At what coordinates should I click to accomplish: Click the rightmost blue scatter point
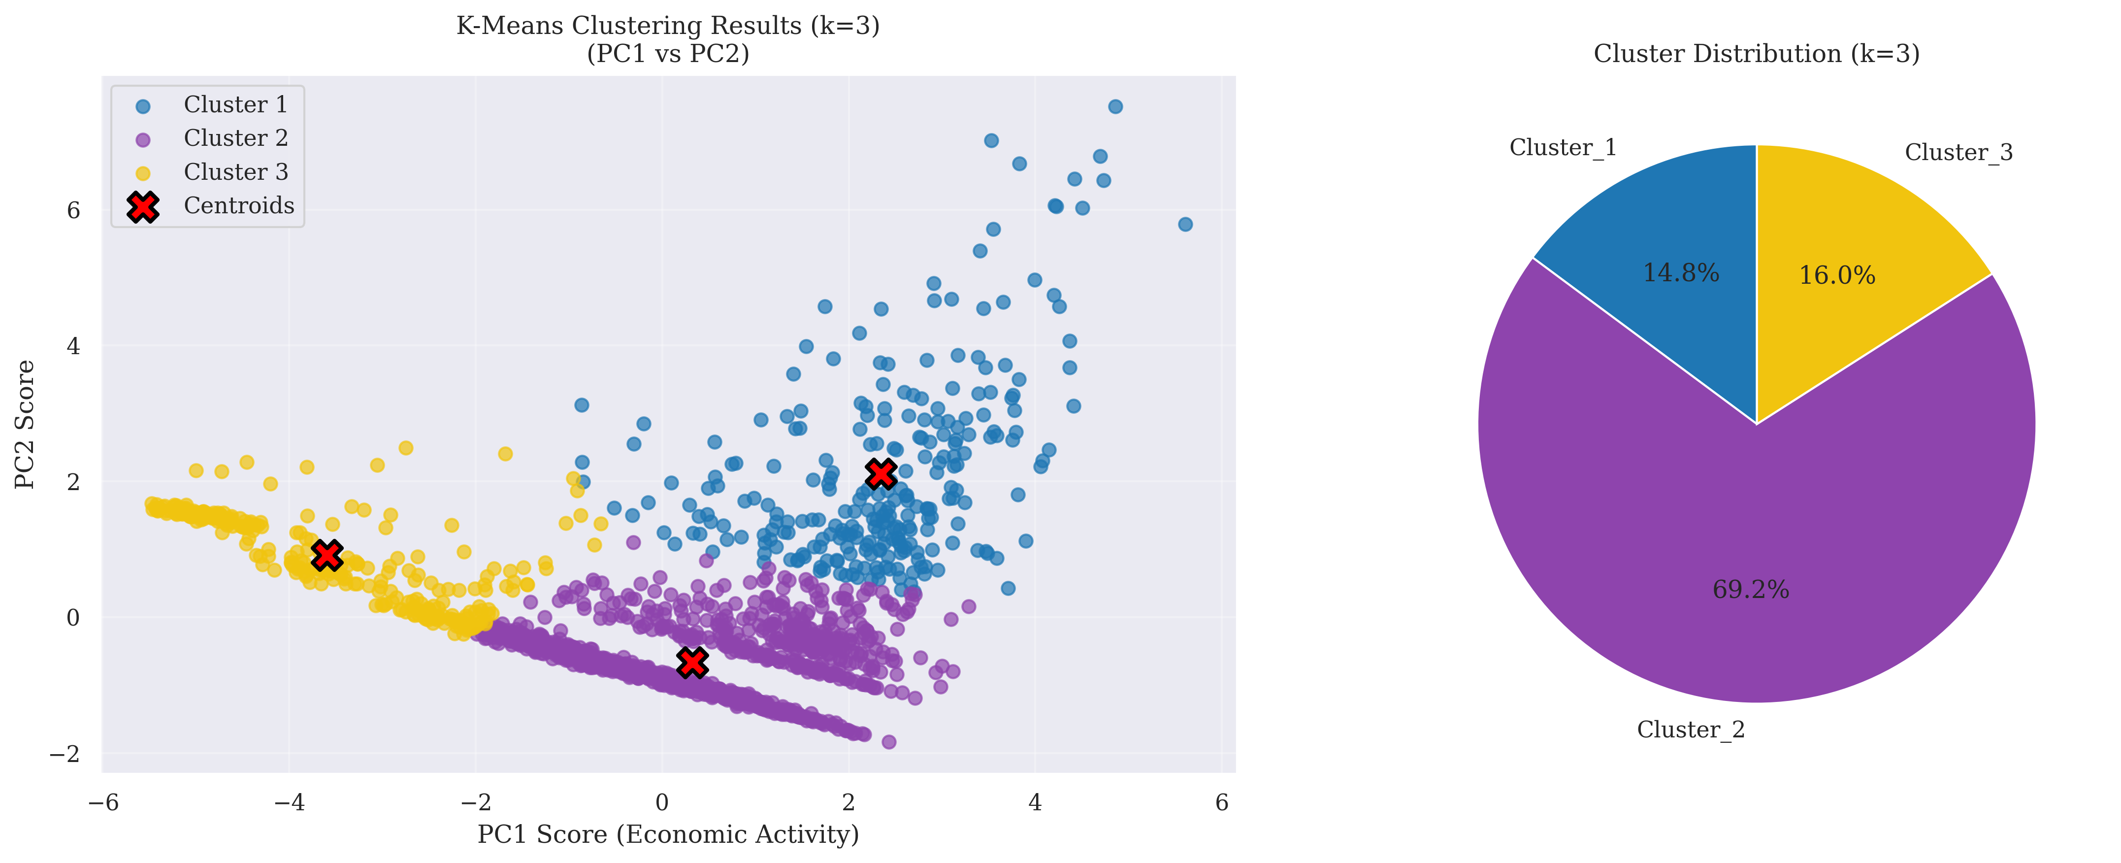click(1185, 224)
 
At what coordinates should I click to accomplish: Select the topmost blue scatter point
click(1115, 106)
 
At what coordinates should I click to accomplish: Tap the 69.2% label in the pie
click(1751, 590)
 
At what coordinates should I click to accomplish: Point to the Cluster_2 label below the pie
click(1691, 730)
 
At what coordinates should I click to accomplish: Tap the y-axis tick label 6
click(73, 211)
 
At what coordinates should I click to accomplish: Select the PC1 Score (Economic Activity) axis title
click(668, 835)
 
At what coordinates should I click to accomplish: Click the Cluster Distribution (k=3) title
click(1756, 54)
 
